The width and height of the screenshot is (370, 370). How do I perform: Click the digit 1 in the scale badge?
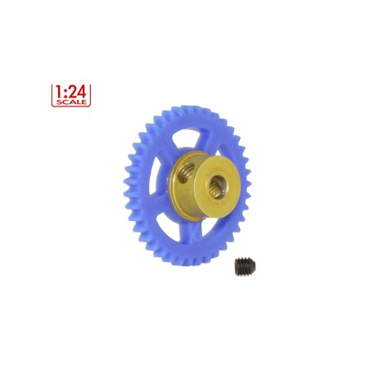coord(59,92)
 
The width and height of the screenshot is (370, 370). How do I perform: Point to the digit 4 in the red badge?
coord(82,92)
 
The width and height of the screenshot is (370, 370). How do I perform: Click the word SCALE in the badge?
coord(71,102)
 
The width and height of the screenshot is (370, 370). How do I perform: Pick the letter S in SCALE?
coord(59,102)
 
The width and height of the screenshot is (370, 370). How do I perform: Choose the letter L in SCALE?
coord(78,102)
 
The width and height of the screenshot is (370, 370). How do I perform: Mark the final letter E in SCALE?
coord(84,102)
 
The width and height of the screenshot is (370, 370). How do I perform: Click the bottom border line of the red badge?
coord(71,106)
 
